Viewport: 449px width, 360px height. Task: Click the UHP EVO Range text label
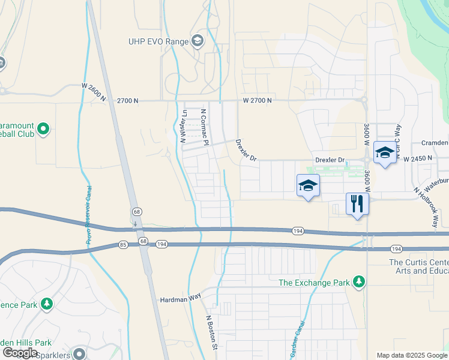pos(157,41)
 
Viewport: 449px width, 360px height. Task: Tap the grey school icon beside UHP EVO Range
pos(197,41)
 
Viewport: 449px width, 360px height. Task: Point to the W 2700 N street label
pos(258,100)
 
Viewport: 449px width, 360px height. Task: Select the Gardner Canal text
pos(298,339)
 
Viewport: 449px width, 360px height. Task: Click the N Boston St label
pos(211,332)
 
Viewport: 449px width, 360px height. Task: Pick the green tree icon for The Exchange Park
pos(359,281)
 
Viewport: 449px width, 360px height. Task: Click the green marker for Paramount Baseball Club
pos(43,129)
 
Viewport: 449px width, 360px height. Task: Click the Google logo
pos(20,353)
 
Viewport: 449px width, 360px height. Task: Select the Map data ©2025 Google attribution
pos(412,355)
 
